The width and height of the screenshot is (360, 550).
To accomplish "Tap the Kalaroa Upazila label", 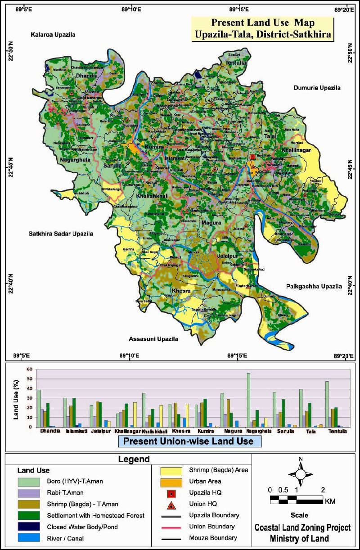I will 53,35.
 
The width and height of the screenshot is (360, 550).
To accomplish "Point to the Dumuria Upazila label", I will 317,88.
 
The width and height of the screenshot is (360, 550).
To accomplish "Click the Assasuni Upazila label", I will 153,339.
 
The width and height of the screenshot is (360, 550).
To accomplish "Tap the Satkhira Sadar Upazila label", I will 61,234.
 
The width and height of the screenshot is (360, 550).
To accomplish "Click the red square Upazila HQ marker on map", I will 252,156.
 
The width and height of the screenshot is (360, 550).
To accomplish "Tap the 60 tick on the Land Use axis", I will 30,370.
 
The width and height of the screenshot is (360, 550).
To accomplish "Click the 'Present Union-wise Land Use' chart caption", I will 189,442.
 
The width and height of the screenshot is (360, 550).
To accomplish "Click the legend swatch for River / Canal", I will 30,537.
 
